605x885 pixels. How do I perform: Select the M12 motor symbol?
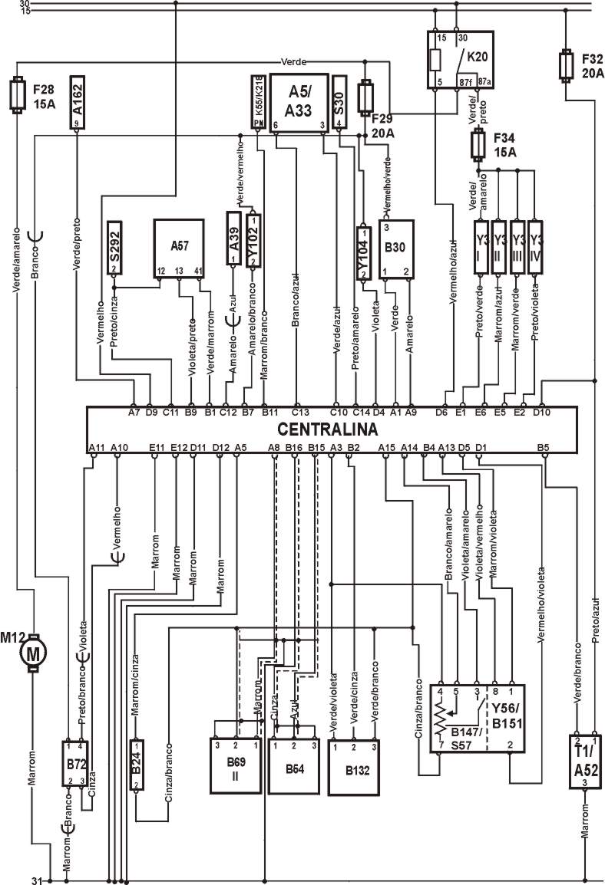[33, 653]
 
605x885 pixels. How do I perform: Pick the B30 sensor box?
[395, 248]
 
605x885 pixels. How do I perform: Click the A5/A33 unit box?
[299, 103]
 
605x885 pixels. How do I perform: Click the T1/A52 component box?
[585, 762]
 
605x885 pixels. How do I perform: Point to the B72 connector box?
[75, 763]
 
